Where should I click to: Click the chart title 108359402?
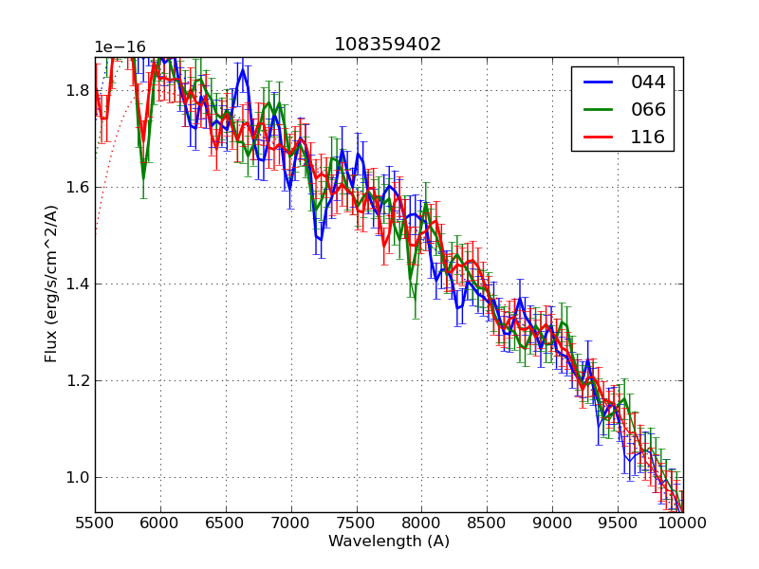tap(387, 45)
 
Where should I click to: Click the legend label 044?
tap(648, 83)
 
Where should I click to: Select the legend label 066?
tap(648, 109)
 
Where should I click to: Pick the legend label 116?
tap(648, 137)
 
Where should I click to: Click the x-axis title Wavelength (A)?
tap(389, 541)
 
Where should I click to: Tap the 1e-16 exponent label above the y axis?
tap(121, 47)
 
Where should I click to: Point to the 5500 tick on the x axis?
tap(95, 523)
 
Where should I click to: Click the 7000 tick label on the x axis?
tap(291, 523)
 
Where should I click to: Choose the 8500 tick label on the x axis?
tap(487, 523)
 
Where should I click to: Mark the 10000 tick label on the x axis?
tap(683, 523)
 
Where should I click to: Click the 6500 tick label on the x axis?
tap(226, 523)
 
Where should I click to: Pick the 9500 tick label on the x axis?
tap(618, 523)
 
